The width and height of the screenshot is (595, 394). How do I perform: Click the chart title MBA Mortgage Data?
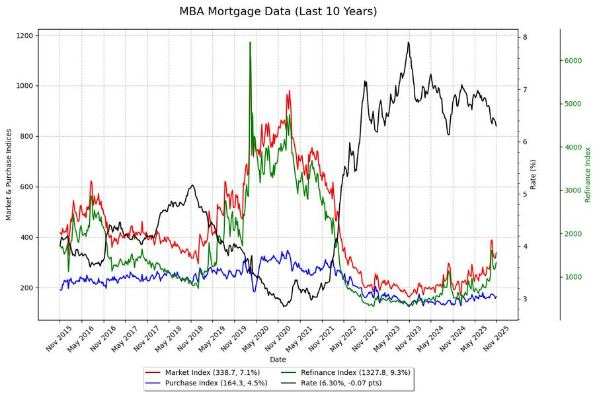[x=278, y=11]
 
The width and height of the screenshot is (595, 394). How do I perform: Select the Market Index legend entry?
[x=212, y=372]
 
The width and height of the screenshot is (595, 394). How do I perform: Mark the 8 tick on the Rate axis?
[x=524, y=37]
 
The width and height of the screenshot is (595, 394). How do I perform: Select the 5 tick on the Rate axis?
[x=524, y=194]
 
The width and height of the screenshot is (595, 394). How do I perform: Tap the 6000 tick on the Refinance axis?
[x=572, y=61]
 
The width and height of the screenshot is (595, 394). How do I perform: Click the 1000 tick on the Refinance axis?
[x=572, y=277]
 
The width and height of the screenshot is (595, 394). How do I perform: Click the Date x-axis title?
[x=278, y=359]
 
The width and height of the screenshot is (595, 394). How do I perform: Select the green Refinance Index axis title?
[x=588, y=175]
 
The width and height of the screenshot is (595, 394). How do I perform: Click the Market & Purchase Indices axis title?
[x=9, y=175]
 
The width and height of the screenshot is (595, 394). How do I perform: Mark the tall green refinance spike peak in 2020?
[x=250, y=42]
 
